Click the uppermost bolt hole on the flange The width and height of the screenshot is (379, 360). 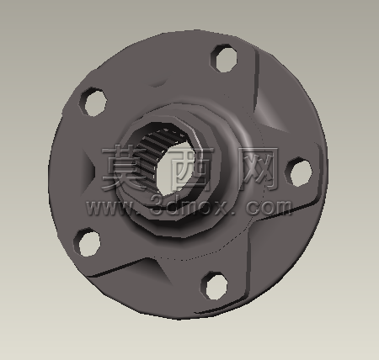(x=224, y=58)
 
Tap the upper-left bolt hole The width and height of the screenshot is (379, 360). (x=93, y=102)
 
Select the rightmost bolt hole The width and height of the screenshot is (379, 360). (x=299, y=172)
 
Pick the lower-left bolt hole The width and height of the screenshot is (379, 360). (x=88, y=242)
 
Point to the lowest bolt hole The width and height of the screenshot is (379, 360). (x=214, y=285)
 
